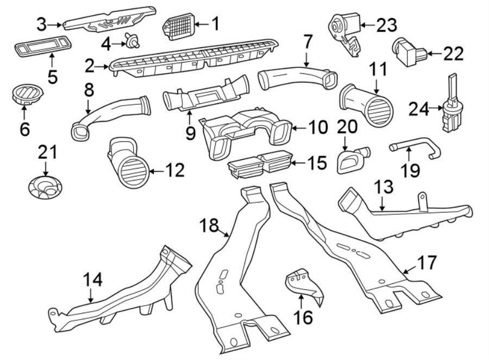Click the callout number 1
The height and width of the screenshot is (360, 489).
click(x=215, y=23)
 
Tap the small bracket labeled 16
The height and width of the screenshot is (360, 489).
click(x=302, y=285)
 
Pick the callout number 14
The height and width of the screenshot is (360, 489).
click(x=93, y=280)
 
